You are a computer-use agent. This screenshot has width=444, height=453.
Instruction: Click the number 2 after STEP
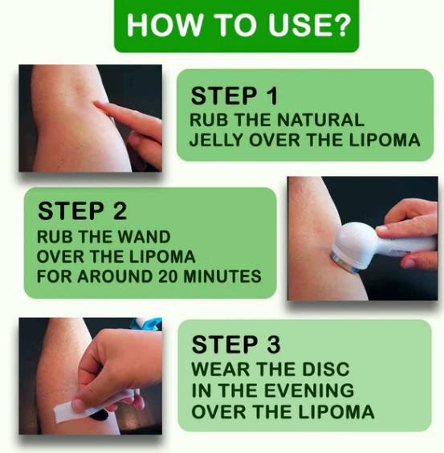[x=120, y=211]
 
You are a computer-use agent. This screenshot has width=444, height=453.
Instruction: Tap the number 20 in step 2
[x=169, y=276]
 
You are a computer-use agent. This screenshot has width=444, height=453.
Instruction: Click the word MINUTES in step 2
[x=222, y=276]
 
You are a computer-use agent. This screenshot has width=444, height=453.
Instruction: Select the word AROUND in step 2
[x=115, y=276]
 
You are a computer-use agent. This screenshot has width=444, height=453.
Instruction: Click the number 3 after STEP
[x=273, y=345]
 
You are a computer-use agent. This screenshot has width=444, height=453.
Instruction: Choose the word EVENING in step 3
[x=309, y=390]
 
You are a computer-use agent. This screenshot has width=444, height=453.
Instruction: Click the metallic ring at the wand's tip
[x=344, y=262]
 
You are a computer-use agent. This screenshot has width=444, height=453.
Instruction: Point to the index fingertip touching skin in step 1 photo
[x=99, y=104]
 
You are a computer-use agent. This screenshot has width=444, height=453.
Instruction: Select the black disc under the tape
[x=100, y=415]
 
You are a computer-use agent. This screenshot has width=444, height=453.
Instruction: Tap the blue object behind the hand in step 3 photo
[x=146, y=324]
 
